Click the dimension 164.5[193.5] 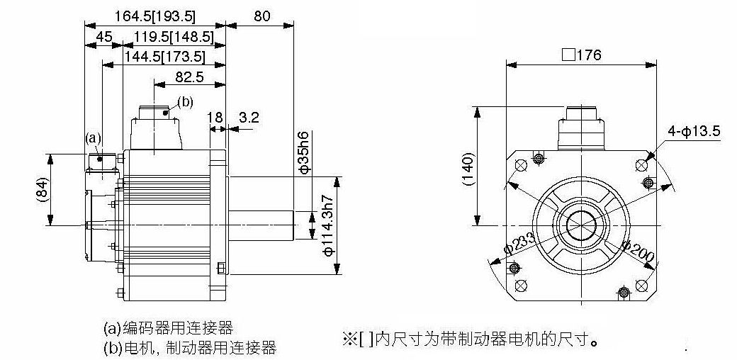(155, 16)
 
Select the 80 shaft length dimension (261, 16)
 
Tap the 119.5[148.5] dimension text (174, 37)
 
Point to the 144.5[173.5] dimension (165, 57)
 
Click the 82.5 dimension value (189, 77)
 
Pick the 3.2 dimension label (249, 117)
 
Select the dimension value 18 (215, 117)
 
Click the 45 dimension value (104, 37)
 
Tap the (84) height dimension (43, 190)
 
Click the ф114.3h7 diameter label (329, 225)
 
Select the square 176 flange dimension (581, 55)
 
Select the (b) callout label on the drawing (185, 102)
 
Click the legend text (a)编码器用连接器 (168, 327)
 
